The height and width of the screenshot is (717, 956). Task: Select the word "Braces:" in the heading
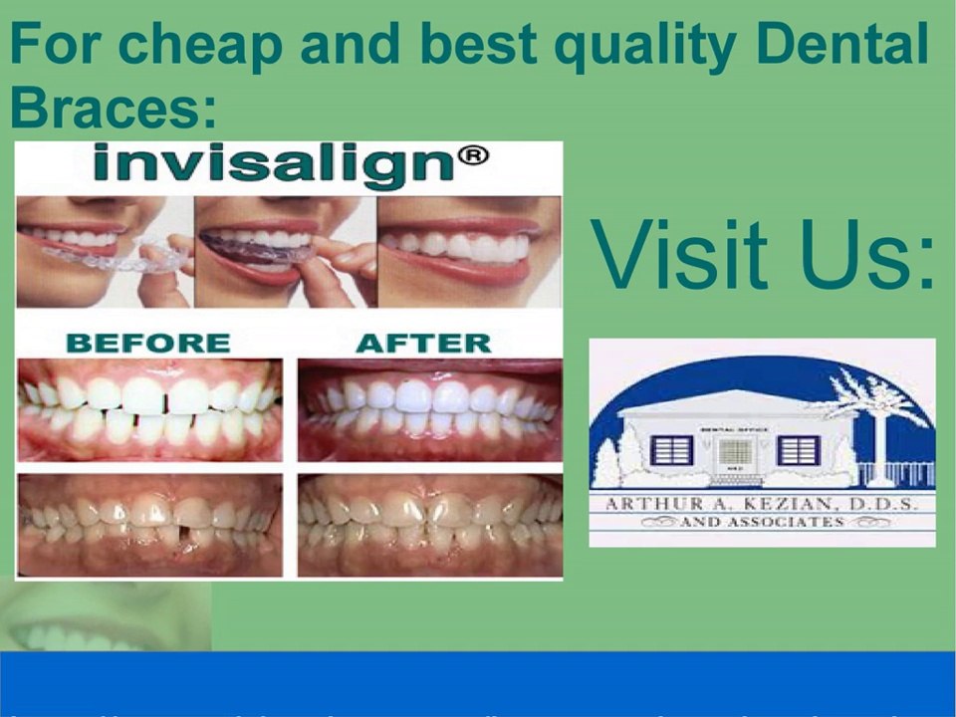[113, 108]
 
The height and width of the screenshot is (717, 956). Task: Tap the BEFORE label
[147, 344]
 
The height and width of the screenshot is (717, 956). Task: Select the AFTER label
[422, 344]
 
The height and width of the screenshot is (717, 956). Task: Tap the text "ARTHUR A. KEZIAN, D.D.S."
[762, 503]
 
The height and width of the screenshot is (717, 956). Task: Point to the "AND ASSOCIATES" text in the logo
[762, 522]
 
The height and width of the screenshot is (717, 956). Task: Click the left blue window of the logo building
[671, 449]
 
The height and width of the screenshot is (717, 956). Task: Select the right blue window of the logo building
[798, 449]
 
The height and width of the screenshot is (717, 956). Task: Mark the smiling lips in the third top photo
[468, 249]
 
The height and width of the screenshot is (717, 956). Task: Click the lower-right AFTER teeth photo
[428, 523]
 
